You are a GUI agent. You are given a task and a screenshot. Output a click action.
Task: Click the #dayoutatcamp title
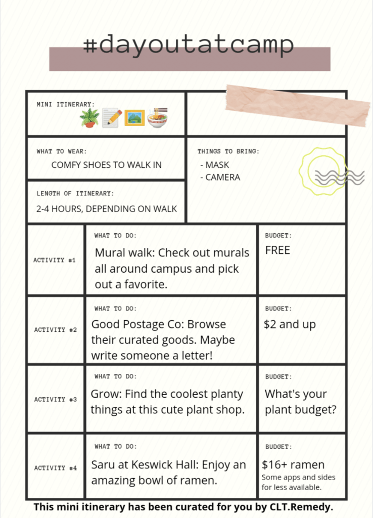[188, 46]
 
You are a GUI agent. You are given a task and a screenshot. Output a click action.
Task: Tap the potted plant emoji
[89, 117]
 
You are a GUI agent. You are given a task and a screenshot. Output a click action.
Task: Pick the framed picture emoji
[134, 117]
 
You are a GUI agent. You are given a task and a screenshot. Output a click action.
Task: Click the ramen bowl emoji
[157, 117]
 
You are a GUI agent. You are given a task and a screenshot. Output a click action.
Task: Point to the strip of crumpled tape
[298, 105]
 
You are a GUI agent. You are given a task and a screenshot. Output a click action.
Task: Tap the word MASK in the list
[217, 165]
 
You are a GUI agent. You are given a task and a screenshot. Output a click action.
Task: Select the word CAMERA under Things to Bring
[223, 178]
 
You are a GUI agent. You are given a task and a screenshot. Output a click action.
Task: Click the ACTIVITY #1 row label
[55, 260]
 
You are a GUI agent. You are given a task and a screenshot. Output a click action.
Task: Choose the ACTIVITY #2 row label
[56, 330]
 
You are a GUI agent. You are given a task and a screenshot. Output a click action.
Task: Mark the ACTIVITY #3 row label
[56, 400]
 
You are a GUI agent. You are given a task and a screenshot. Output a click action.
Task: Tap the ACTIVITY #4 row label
[56, 468]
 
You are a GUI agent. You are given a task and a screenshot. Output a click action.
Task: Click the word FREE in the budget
[277, 250]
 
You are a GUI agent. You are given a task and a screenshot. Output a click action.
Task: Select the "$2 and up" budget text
[290, 325]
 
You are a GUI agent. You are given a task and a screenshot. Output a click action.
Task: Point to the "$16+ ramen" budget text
[293, 464]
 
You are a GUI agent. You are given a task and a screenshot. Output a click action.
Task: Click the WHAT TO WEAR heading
[61, 151]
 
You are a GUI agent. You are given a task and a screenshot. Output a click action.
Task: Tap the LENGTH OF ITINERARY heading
[75, 194]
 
